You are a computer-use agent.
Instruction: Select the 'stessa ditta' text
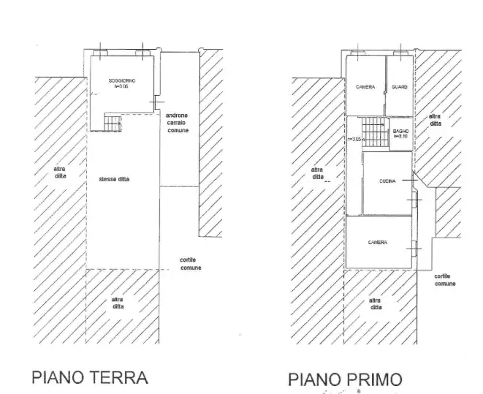coord(113,179)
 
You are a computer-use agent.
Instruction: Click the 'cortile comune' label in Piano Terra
coord(191,264)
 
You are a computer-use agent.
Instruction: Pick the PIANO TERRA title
coord(90,377)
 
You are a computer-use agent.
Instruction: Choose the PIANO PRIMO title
coord(345,379)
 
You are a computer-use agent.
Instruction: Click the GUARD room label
coord(399,87)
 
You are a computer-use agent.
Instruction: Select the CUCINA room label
coord(387,181)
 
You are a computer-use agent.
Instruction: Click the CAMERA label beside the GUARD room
coord(365,87)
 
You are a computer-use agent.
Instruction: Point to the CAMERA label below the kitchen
coord(378,242)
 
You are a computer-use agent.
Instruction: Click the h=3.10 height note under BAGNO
coord(401,135)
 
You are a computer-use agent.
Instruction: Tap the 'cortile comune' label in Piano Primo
coord(445,279)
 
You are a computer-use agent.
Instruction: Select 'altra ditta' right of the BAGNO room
coord(435,121)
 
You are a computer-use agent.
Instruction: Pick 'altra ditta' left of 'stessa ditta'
coord(60,173)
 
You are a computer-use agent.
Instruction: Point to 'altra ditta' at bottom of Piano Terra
coord(118,303)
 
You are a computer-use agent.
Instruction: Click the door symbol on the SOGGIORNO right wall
coord(152,102)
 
